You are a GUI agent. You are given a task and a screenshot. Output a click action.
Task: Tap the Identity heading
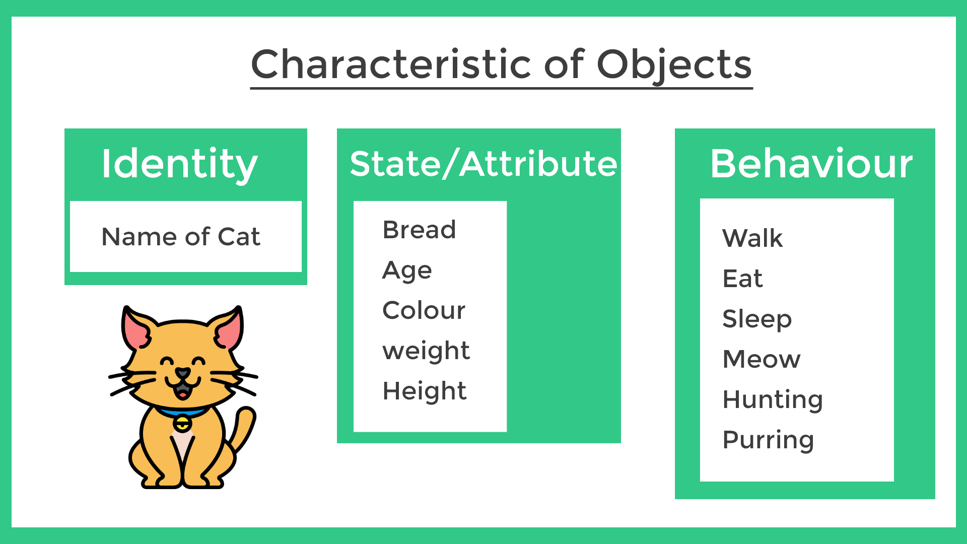pyautogui.click(x=179, y=164)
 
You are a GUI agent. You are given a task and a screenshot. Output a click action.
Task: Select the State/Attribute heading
pyautogui.click(x=483, y=164)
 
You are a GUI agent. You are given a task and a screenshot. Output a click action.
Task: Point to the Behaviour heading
pyautogui.click(x=811, y=164)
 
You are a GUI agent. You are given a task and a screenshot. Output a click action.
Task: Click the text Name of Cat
pyautogui.click(x=181, y=237)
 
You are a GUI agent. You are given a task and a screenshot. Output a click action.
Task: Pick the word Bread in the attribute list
pyautogui.click(x=419, y=230)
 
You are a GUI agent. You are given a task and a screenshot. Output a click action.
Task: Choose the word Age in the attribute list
pyautogui.click(x=407, y=271)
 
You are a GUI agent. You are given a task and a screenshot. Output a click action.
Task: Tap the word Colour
pyautogui.click(x=424, y=310)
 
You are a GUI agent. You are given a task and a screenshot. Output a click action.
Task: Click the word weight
pyautogui.click(x=426, y=351)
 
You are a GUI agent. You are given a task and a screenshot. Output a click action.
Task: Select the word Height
pyautogui.click(x=425, y=391)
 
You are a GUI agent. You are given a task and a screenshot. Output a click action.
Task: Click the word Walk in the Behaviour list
pyautogui.click(x=752, y=238)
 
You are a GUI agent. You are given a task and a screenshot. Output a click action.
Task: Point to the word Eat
pyautogui.click(x=742, y=278)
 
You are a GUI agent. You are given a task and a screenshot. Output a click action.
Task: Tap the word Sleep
pyautogui.click(x=756, y=319)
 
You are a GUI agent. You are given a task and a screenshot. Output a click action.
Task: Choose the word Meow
pyautogui.click(x=761, y=359)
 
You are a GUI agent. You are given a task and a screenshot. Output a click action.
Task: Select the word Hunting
pyautogui.click(x=773, y=399)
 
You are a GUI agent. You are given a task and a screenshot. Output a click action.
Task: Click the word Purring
pyautogui.click(x=768, y=440)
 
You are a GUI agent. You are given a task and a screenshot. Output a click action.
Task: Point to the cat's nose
pyautogui.click(x=182, y=373)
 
